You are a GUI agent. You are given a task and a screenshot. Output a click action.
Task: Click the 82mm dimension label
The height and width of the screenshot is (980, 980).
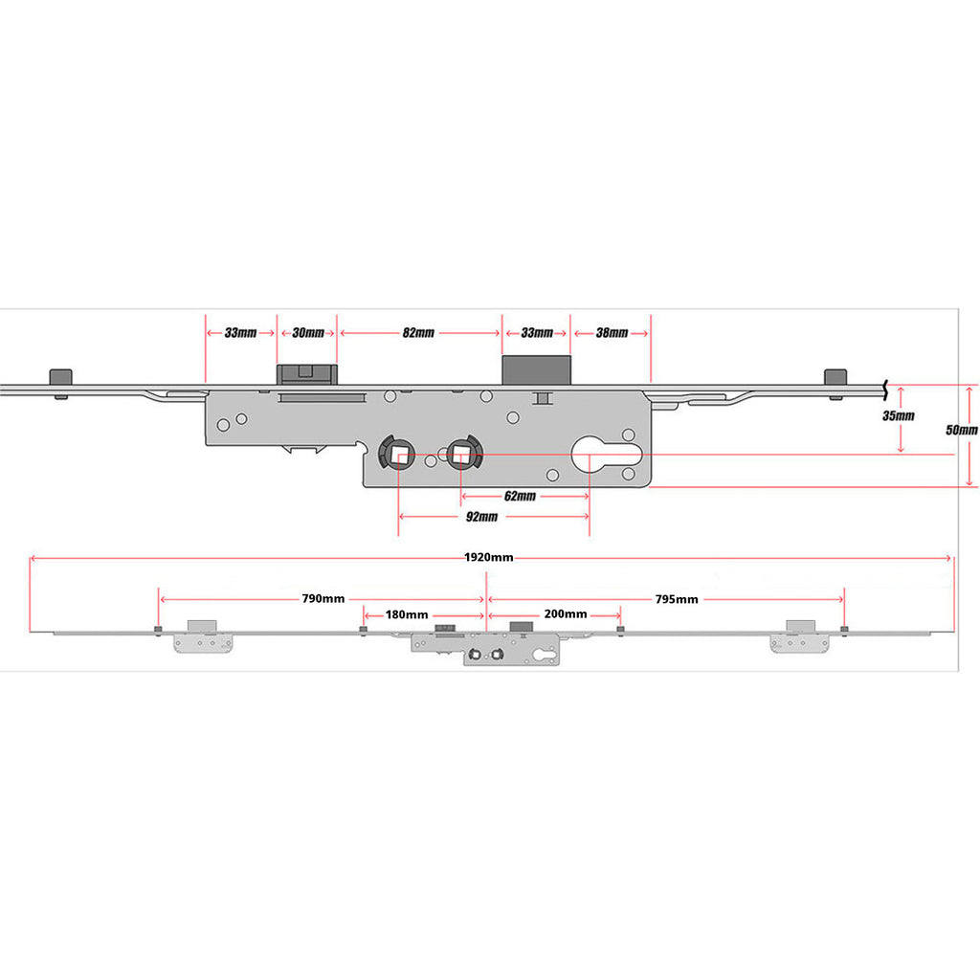(x=418, y=332)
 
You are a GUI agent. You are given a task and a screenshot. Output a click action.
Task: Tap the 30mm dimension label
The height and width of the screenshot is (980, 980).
(x=308, y=332)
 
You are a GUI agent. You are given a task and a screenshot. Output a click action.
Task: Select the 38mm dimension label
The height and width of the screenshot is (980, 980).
(x=612, y=332)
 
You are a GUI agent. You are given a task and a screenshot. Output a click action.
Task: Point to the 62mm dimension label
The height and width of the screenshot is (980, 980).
(x=520, y=497)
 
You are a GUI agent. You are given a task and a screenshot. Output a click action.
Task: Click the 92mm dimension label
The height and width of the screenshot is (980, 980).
(x=482, y=517)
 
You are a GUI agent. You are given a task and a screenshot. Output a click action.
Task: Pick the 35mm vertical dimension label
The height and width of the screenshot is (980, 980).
(x=899, y=416)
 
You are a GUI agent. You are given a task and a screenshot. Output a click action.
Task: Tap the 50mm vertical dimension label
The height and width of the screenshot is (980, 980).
(x=962, y=430)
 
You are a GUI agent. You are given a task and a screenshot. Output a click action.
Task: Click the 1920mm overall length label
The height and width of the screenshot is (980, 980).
(x=489, y=558)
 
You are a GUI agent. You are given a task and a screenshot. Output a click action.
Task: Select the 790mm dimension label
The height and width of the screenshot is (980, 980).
(x=323, y=599)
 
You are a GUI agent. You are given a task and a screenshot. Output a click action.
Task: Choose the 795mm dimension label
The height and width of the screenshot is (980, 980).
(x=677, y=599)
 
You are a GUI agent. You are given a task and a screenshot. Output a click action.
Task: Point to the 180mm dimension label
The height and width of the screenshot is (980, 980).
(x=407, y=615)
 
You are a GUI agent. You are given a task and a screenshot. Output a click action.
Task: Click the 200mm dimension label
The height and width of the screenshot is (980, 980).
(x=566, y=614)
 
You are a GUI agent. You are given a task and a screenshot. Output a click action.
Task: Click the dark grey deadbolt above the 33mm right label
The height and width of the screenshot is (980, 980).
(x=537, y=370)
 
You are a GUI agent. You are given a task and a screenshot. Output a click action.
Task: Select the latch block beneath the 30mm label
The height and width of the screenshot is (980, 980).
(x=307, y=375)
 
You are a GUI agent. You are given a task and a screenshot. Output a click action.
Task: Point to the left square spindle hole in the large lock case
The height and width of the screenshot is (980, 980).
(x=397, y=453)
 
